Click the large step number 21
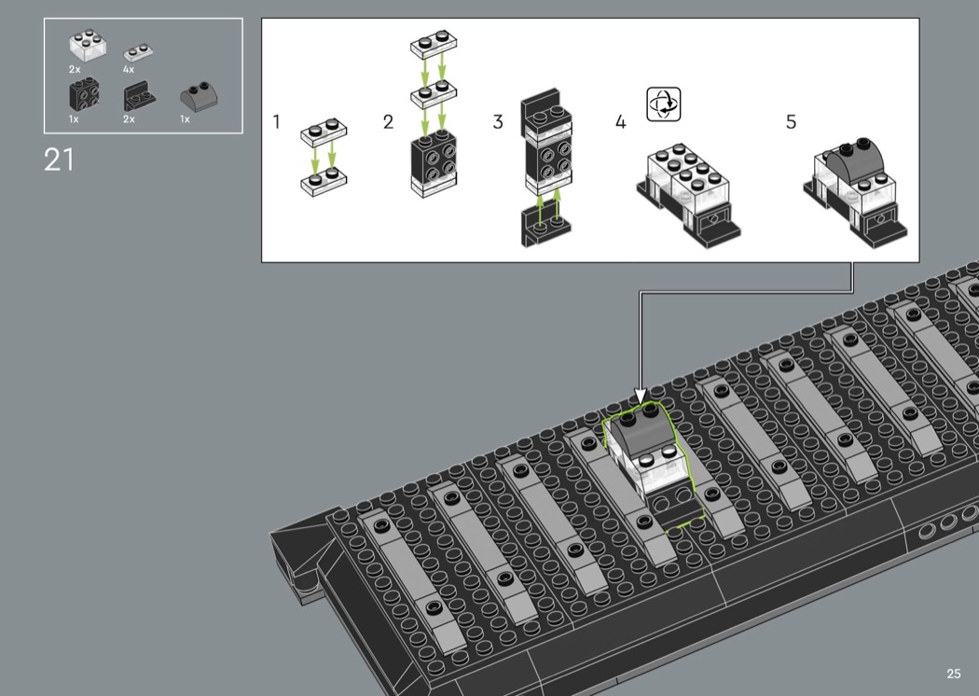[x=59, y=160]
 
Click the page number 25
[x=954, y=674]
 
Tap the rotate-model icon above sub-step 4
[x=663, y=104]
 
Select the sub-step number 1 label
[x=277, y=122]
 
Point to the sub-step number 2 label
[x=389, y=122]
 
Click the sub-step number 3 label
[x=498, y=122]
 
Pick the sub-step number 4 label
[x=620, y=122]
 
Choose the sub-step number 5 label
[x=791, y=122]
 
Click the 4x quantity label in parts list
[x=129, y=69]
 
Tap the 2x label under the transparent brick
[x=75, y=69]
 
